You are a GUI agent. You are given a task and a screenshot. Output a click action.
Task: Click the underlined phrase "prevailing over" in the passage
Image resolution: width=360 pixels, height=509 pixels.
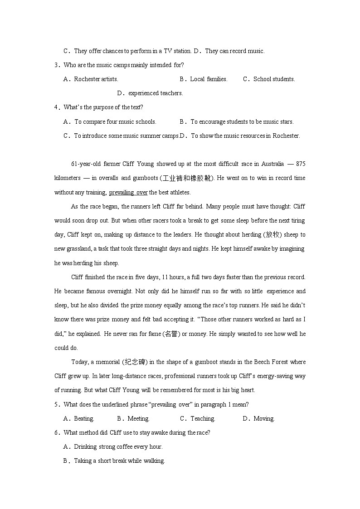click(x=128, y=192)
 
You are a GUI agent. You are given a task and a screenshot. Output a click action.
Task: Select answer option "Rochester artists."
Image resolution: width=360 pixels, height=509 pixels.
click(x=96, y=79)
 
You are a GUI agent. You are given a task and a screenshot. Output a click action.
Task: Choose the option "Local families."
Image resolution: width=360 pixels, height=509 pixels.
click(x=209, y=79)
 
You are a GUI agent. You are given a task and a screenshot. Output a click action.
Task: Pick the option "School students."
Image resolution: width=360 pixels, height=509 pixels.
click(x=274, y=79)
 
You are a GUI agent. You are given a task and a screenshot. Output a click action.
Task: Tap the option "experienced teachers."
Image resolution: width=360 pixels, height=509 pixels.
click(x=156, y=93)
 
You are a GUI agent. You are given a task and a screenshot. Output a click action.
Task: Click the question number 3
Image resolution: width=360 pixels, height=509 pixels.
click(x=56, y=65)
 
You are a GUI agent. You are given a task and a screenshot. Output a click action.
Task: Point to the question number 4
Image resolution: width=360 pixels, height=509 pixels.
click(x=56, y=107)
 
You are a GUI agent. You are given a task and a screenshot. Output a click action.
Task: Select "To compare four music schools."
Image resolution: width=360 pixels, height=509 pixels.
click(x=115, y=121)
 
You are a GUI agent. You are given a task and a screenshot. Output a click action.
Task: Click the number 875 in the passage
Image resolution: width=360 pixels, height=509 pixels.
click(x=299, y=164)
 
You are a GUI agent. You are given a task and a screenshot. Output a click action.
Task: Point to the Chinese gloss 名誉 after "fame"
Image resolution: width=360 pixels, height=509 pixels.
click(x=170, y=334)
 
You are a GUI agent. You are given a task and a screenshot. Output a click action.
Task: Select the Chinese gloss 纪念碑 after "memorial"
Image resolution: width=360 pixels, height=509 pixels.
click(x=135, y=362)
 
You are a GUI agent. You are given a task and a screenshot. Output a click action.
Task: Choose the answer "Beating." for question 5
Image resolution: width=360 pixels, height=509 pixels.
click(x=84, y=418)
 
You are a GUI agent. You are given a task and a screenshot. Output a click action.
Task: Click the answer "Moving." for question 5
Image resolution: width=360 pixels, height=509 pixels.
click(x=264, y=418)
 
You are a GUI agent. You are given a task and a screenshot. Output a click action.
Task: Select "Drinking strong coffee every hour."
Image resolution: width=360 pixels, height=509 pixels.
click(x=118, y=447)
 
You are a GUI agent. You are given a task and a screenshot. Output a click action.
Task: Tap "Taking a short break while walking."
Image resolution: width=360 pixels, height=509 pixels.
click(x=119, y=461)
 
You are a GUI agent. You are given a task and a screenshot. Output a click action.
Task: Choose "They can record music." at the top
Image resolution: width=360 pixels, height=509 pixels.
click(x=234, y=51)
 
